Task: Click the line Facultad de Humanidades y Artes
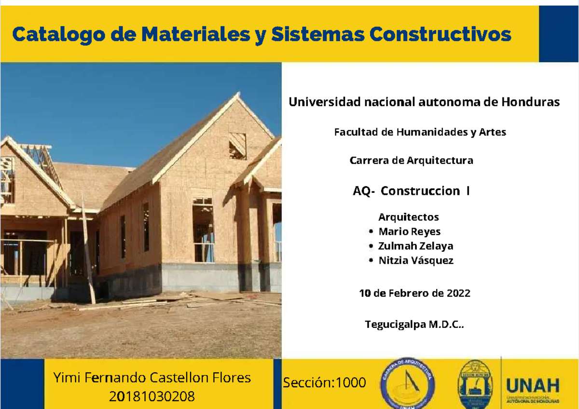tap(420, 132)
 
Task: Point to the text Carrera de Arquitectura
tap(411, 161)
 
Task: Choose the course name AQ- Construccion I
tap(411, 191)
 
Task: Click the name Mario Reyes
tap(409, 232)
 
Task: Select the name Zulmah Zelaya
tap(415, 246)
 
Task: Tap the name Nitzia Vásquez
tap(415, 260)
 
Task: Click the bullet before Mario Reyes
tap(371, 232)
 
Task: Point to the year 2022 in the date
tap(458, 293)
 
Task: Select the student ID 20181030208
tap(152, 396)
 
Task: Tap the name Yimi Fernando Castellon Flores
tap(152, 377)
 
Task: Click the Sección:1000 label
tap(324, 383)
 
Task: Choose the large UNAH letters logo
tap(532, 386)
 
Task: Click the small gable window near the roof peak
tap(237, 146)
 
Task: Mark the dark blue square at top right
tap(558, 34)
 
